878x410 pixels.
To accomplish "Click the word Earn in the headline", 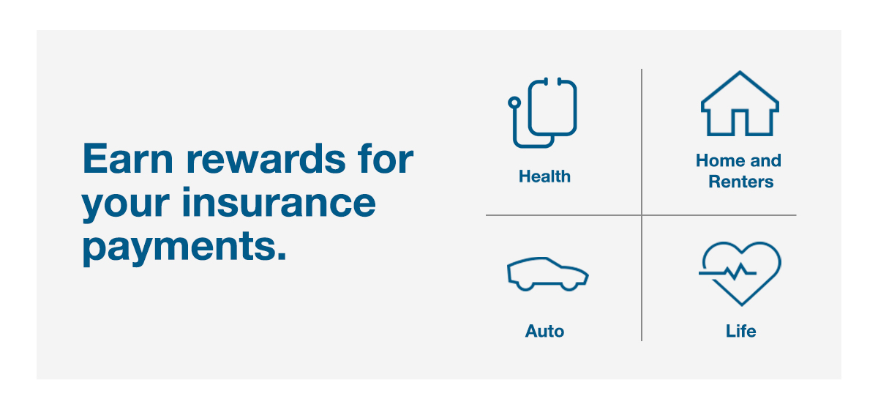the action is click(x=128, y=158).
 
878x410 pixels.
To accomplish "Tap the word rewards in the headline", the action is click(x=266, y=158).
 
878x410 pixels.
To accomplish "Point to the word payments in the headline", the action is click(x=184, y=247).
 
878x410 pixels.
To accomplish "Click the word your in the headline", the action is click(x=125, y=206).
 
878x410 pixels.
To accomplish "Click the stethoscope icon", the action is click(x=542, y=113).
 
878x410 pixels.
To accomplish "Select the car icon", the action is click(x=547, y=275).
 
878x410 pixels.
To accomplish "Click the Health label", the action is click(x=544, y=176).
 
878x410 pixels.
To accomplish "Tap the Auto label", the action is click(x=544, y=331).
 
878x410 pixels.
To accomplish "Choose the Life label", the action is click(x=740, y=331).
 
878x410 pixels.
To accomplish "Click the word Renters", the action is click(x=740, y=182).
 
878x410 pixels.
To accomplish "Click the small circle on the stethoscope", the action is click(x=514, y=102).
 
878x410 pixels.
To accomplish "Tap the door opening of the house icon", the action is click(x=740, y=122).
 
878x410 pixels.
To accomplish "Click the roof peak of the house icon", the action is click(x=740, y=72).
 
